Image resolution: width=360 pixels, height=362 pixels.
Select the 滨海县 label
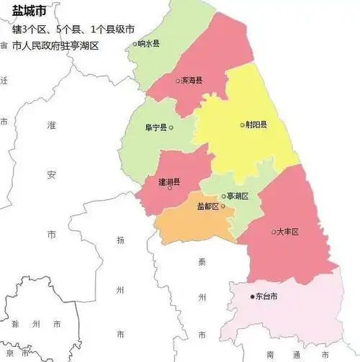pos(192,81)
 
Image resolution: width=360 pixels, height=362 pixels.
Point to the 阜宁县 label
pos(155,127)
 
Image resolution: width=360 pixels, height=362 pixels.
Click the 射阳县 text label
pos(256,125)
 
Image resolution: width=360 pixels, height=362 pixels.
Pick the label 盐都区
pos(208,207)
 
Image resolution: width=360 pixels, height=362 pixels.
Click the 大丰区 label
pos(287,232)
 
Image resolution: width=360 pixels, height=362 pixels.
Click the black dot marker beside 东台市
pos(251,296)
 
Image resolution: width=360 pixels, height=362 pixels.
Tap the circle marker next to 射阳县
pos(242,125)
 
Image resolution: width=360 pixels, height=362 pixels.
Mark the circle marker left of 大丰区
pos(274,232)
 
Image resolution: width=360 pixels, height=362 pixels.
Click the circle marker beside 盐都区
pos(224,207)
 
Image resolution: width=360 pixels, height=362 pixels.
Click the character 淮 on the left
pos(51,126)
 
